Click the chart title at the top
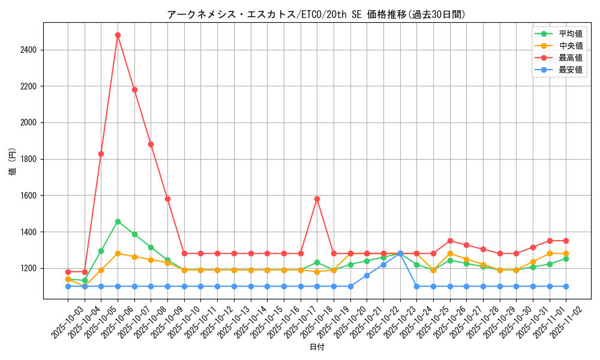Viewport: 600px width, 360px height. pos(316,14)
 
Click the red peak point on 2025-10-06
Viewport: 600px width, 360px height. pos(118,35)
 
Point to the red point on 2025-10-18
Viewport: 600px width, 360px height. pos(317,199)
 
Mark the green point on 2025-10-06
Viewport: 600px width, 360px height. pos(118,221)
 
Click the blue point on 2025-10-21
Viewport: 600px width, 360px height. pos(367,275)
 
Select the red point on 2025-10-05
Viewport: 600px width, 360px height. pos(101,154)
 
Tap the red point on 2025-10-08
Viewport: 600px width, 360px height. pos(151,144)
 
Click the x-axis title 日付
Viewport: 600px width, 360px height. pos(316,347)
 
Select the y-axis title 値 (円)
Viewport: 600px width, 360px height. pos(13,162)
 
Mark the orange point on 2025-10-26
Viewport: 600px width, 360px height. pos(450,253)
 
